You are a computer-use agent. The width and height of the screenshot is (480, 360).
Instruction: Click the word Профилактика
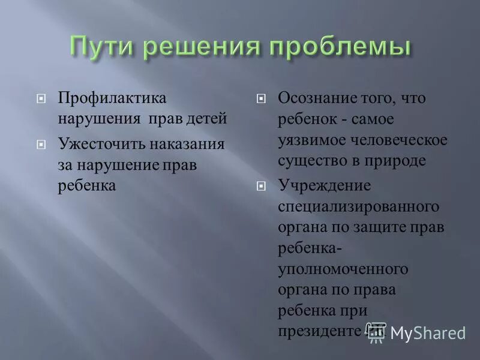click(112, 98)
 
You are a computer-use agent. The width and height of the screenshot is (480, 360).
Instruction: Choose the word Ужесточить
click(100, 144)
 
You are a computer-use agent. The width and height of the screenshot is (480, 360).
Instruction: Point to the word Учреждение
click(325, 185)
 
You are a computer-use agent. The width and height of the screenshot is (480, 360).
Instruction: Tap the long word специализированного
click(359, 206)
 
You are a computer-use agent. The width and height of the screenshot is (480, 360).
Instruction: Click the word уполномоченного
click(343, 269)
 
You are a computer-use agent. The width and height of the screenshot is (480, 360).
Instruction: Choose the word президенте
click(321, 331)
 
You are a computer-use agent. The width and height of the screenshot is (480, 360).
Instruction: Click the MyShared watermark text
click(428, 333)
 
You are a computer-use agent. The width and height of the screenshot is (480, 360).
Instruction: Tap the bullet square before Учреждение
click(262, 186)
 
